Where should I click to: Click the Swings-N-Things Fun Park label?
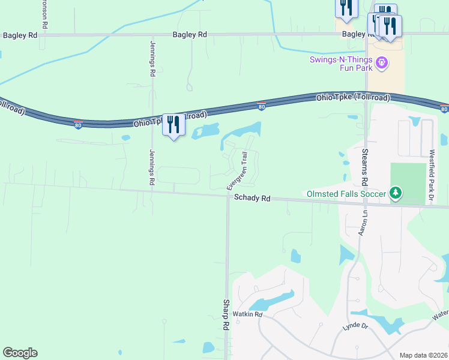(x=341, y=63)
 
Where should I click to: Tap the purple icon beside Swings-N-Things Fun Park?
(x=381, y=62)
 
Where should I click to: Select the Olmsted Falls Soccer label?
(x=346, y=193)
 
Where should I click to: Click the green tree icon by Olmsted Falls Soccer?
(x=395, y=193)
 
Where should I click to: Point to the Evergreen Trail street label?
(x=237, y=171)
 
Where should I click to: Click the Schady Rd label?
(x=252, y=197)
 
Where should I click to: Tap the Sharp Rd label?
(x=226, y=315)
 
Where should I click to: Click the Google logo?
(x=20, y=353)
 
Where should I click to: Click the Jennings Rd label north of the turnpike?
(x=152, y=58)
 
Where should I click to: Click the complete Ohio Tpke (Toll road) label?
(x=353, y=97)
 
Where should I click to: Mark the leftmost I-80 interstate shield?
(x=79, y=124)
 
